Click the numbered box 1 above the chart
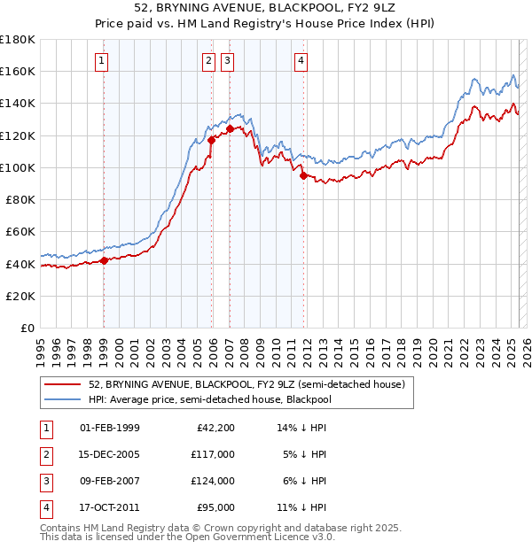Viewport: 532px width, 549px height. (x=103, y=61)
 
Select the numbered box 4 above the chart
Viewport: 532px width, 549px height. (x=301, y=61)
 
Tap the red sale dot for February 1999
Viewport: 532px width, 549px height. (x=104, y=260)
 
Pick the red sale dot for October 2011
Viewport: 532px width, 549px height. (x=303, y=175)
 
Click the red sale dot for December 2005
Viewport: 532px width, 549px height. (x=211, y=140)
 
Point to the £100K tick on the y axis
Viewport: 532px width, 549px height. (x=18, y=167)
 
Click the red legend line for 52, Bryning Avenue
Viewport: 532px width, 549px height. (x=62, y=384)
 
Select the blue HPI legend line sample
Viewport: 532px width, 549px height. (x=62, y=400)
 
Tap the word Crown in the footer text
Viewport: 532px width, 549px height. (x=219, y=528)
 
